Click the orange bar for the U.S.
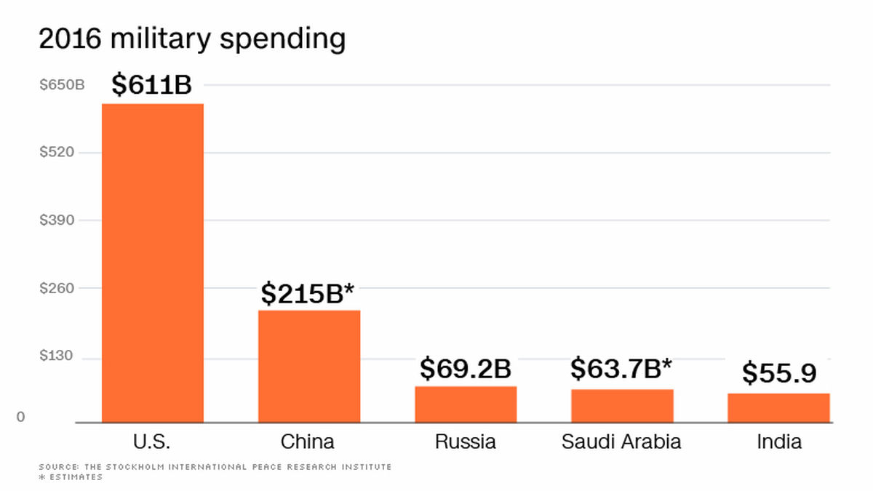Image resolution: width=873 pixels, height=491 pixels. [153, 263]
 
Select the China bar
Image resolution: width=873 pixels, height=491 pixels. [309, 367]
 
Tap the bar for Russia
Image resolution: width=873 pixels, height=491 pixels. [466, 404]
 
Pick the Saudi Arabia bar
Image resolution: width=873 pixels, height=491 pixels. [623, 406]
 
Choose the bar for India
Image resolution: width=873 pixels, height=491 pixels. [778, 408]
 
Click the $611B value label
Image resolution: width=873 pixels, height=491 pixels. [151, 84]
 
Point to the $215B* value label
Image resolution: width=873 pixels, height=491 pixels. [308, 293]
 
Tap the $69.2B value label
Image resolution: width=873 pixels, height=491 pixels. [466, 368]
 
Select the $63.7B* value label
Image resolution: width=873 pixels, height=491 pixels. [621, 368]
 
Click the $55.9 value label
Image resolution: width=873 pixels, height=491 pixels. [779, 373]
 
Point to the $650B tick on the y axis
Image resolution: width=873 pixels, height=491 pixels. [62, 84]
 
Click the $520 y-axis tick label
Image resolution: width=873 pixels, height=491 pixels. [57, 152]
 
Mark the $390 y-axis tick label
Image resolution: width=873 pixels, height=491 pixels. [57, 220]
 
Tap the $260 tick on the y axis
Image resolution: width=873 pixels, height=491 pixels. [57, 288]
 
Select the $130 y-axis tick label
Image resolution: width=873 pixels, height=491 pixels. [56, 356]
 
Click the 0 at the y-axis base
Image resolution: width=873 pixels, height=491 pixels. [20, 417]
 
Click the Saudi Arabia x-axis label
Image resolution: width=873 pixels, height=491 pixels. [621, 442]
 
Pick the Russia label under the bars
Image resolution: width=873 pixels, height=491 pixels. [466, 442]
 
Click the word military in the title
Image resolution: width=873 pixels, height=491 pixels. [161, 39]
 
